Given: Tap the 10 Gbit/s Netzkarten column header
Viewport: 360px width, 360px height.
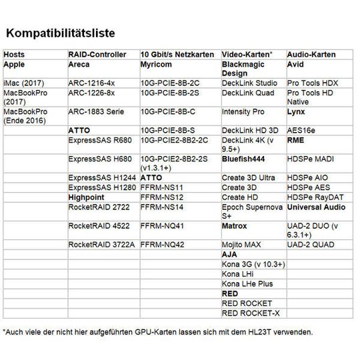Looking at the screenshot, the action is [177, 54].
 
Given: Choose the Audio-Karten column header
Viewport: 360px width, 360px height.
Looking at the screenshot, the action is [311, 54].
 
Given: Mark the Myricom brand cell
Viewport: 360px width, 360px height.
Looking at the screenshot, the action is [158, 65].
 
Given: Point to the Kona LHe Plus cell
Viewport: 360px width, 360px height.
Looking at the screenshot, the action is [249, 283].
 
